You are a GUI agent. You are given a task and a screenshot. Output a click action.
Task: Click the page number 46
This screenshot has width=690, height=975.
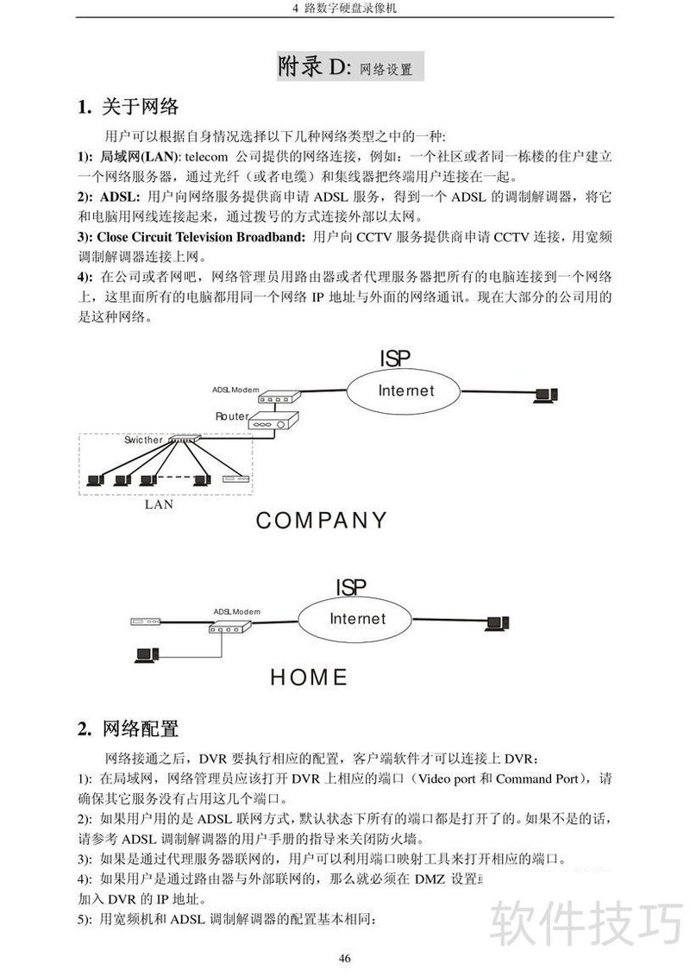point(345,959)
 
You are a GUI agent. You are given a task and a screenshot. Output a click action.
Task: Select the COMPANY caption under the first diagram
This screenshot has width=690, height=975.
point(322,521)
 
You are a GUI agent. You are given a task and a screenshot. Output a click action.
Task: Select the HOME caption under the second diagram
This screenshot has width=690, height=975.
point(309,678)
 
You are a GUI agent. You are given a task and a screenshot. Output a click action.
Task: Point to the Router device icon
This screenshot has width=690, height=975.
point(273,422)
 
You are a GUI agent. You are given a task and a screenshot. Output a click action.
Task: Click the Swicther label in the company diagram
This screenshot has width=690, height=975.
point(142,440)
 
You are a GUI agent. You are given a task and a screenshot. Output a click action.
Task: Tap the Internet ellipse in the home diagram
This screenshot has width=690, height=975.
point(358,619)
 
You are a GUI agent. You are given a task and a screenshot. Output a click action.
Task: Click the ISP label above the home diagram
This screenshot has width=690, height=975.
point(351,587)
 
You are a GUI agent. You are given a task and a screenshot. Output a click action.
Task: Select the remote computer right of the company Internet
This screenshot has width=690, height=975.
point(544,396)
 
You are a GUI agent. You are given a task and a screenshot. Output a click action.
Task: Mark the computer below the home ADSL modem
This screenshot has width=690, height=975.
point(145,655)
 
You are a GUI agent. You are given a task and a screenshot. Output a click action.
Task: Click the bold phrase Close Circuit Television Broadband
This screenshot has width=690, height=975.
point(201,235)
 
